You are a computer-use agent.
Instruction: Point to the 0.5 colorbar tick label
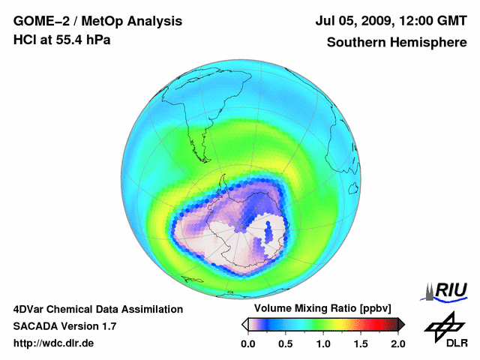(x=285, y=343)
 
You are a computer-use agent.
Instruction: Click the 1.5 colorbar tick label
(x=360, y=343)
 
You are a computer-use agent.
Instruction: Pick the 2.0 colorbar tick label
(x=397, y=343)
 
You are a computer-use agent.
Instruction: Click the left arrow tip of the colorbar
(x=244, y=324)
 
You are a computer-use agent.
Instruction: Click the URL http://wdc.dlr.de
(x=54, y=343)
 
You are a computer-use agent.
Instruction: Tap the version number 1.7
(x=107, y=326)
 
